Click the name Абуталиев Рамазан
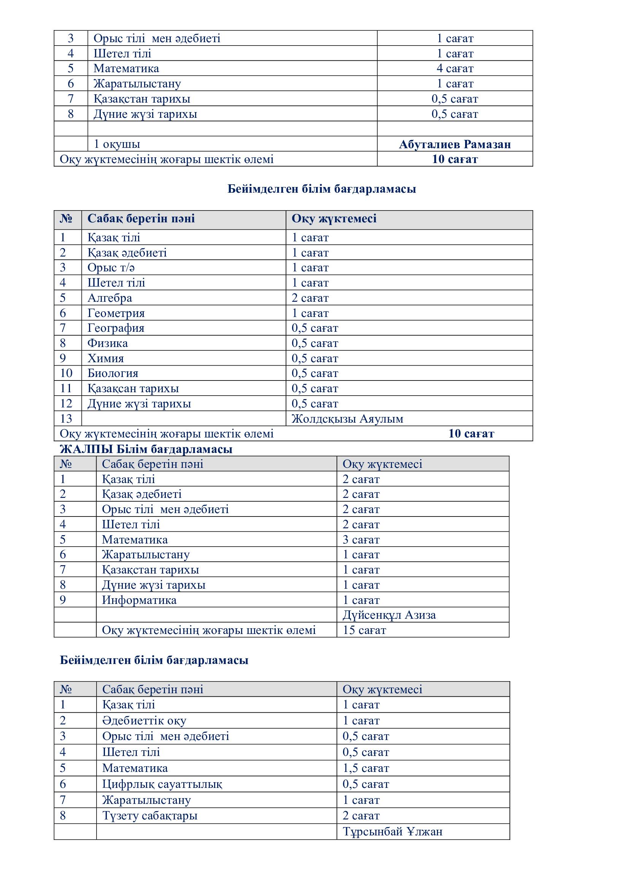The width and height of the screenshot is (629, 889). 455,144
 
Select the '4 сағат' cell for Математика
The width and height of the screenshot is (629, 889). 455,68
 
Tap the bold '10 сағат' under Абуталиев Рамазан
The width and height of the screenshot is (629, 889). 455,159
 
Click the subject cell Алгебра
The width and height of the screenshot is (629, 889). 110,298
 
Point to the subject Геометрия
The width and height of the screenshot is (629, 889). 116,313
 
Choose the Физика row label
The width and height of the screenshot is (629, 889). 108,344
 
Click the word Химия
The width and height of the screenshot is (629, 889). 106,358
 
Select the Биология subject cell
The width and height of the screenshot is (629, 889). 113,374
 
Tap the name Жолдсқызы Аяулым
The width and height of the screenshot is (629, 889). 348,419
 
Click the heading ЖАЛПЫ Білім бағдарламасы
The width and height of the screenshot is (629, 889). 146,449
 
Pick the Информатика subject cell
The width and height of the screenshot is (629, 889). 139,600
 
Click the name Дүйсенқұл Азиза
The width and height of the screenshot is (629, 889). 389,615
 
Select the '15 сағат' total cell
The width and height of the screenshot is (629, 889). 364,630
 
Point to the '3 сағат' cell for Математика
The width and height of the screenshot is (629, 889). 361,540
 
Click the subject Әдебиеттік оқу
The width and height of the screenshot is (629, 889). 144,721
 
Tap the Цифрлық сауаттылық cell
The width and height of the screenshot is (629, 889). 162,784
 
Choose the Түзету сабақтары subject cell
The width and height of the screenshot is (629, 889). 150,816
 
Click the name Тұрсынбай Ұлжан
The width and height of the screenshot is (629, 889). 392,832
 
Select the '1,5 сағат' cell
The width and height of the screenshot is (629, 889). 365,768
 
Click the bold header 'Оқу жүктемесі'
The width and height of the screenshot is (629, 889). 334,219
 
